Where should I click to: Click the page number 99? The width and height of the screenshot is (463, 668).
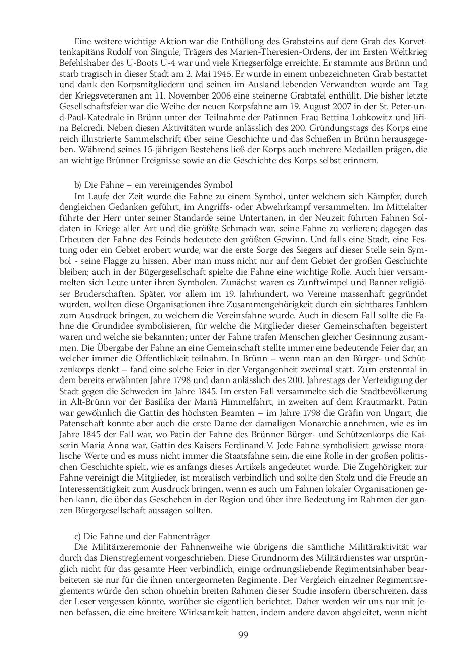coord(243,635)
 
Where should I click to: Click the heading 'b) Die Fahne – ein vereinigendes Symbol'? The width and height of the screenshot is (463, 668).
coord(153,185)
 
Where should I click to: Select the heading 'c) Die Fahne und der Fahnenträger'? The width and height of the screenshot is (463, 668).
coord(142,536)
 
